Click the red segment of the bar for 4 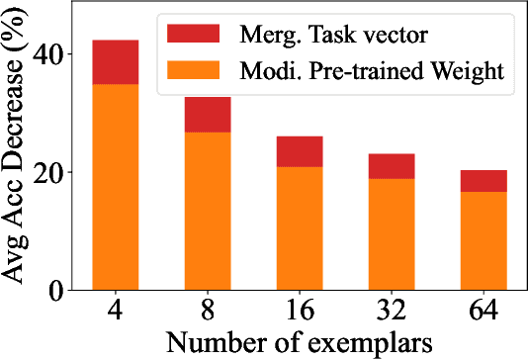(115, 62)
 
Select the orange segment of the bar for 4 (115, 187)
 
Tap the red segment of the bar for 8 (208, 115)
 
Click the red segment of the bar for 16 (300, 151)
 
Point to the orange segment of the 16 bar (300, 228)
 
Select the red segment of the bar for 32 (392, 166)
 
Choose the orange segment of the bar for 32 (392, 234)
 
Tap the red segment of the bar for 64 (484, 181)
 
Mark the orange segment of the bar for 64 (484, 240)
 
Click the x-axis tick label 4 (115, 311)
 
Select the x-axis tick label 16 (300, 311)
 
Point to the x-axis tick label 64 (484, 311)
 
